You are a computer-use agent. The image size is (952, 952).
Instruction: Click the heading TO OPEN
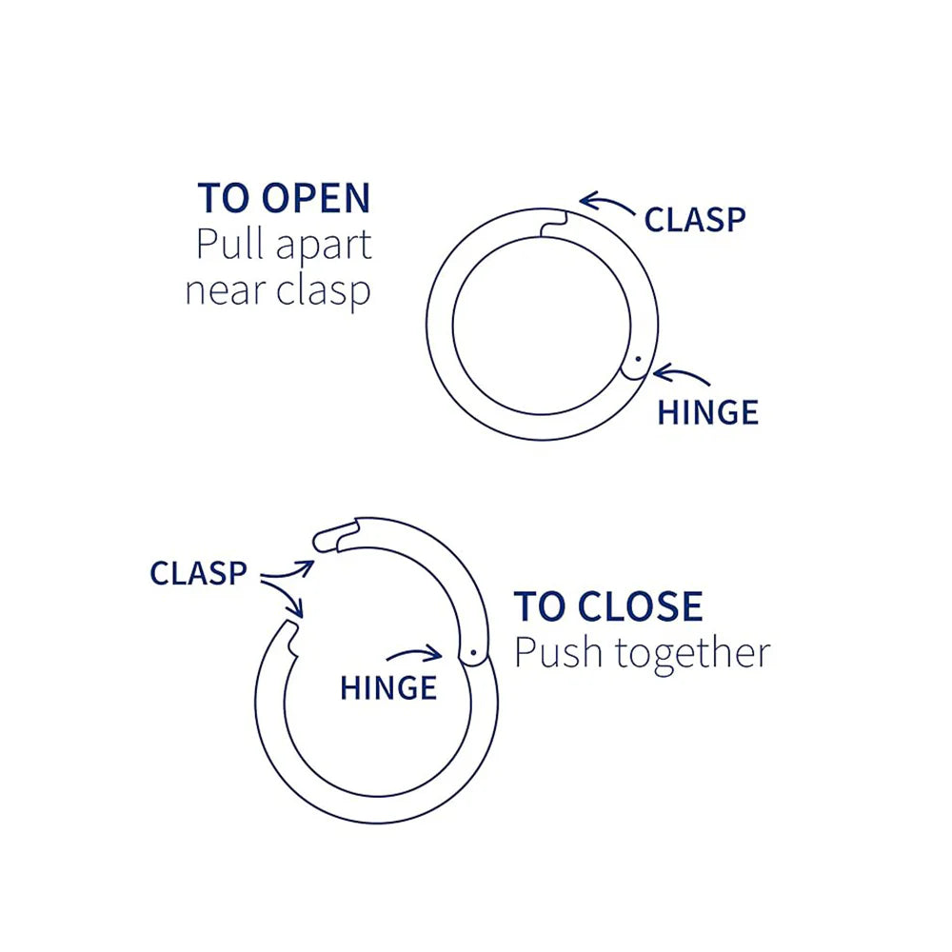click(284, 198)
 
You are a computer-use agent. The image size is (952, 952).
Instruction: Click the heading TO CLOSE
click(608, 606)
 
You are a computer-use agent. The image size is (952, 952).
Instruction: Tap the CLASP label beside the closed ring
click(695, 219)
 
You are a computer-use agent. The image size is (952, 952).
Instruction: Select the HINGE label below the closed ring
click(708, 412)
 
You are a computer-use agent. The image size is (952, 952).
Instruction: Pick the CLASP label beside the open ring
click(198, 573)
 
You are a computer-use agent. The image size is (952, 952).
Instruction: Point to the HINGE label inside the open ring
click(388, 686)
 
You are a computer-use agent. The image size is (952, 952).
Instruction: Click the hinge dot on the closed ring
click(638, 361)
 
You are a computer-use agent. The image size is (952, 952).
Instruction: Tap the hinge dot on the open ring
click(473, 653)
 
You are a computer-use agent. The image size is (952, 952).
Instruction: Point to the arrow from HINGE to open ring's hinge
click(415, 654)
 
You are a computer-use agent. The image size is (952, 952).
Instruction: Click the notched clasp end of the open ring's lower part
click(291, 635)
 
